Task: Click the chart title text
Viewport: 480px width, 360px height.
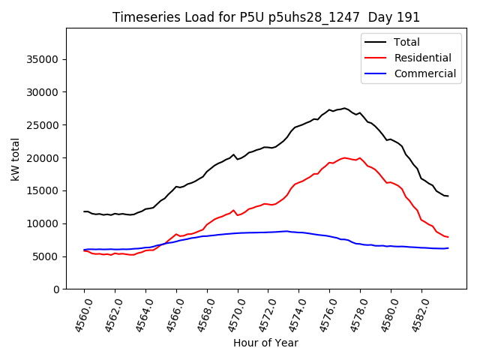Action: (x=266, y=17)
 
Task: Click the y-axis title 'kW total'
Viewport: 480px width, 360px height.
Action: (x=16, y=159)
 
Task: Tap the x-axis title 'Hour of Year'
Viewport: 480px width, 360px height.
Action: (x=265, y=343)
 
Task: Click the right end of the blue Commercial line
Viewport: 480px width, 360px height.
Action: (x=448, y=247)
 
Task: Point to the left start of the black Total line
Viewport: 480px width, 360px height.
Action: (x=84, y=211)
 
